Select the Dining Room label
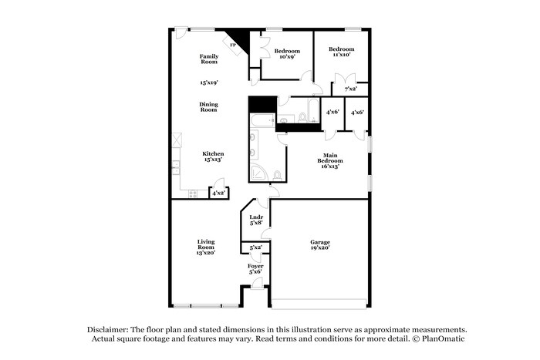coord(209,107)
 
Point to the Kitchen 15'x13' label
coord(213,156)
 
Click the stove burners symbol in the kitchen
coord(193,193)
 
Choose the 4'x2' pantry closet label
coord(220,193)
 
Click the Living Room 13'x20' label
coord(205,247)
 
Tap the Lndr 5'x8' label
coord(256,220)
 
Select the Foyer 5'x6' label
coord(255,269)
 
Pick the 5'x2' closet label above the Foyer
coord(255,247)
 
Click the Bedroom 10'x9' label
coord(286,54)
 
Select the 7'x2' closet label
coord(350,89)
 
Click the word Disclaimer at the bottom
coord(105,328)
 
